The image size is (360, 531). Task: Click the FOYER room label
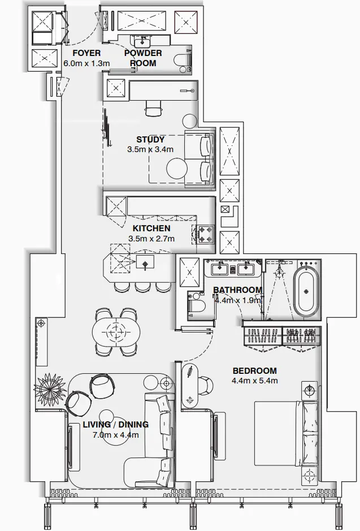(x=86, y=53)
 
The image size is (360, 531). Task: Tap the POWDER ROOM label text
(x=143, y=58)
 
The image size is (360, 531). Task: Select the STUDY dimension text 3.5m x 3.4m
(x=150, y=150)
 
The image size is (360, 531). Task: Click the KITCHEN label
(x=151, y=228)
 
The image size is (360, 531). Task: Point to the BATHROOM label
(x=237, y=290)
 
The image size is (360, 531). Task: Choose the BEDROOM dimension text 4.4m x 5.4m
(x=255, y=381)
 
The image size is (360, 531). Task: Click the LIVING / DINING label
(x=116, y=425)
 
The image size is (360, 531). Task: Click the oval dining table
(x=116, y=331)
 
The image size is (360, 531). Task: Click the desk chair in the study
(x=153, y=109)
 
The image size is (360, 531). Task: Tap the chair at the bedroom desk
(x=205, y=386)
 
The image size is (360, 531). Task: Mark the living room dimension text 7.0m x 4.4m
(x=116, y=435)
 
